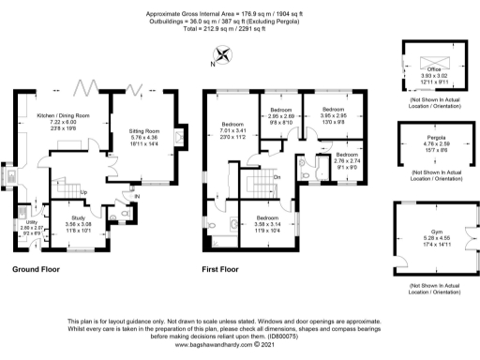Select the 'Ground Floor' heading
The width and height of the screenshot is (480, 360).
tap(37, 270)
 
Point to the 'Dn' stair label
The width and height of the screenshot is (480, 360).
tap(277, 177)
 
